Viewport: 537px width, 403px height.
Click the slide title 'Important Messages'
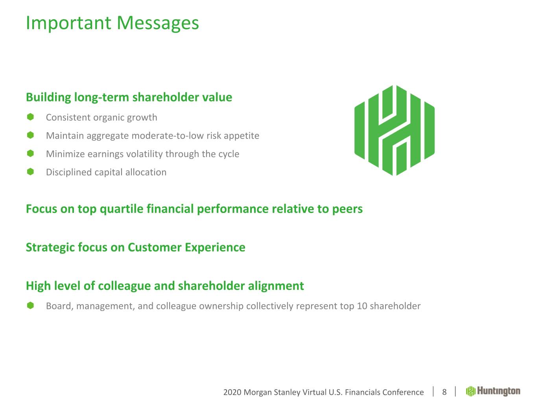112,23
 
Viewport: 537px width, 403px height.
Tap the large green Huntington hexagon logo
394,130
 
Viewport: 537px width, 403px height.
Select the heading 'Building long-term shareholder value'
129,97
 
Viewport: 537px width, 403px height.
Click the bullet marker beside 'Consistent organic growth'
30,117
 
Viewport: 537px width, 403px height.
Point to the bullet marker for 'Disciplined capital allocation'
30,172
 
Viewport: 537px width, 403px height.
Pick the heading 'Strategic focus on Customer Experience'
136,248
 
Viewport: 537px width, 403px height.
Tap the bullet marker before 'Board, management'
30,305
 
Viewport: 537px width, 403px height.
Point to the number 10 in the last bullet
362,306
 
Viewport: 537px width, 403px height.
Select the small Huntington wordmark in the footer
493,391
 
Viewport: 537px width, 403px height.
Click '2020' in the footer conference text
232,392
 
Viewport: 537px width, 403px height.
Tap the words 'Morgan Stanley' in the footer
272,392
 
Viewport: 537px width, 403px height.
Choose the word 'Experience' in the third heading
215,248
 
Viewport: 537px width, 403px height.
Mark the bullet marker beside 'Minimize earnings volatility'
30,153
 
